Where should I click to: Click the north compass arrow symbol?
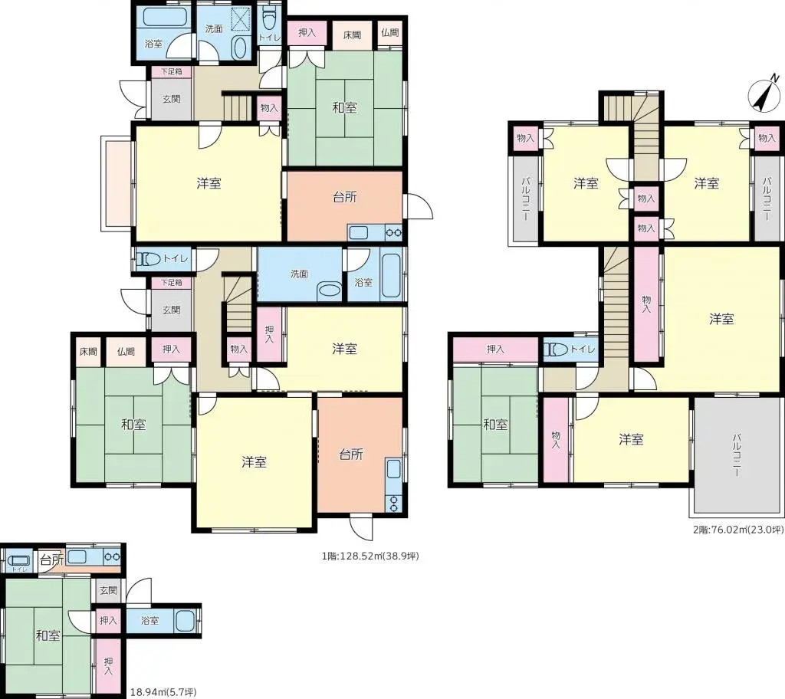[x=761, y=95]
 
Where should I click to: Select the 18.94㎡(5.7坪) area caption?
[x=162, y=692]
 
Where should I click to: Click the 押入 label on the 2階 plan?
[x=495, y=349]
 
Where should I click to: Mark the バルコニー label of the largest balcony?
[x=737, y=455]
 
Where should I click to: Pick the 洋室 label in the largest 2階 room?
[x=721, y=318]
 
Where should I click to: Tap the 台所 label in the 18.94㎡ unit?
[x=51, y=560]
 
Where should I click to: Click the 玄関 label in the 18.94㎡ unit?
[x=108, y=590]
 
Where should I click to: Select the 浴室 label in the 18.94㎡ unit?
[x=149, y=620]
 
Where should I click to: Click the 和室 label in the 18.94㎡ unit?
[x=48, y=635]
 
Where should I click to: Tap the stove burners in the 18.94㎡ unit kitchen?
[x=112, y=557]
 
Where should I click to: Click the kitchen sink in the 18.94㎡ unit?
[x=77, y=557]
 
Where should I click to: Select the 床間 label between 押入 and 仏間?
[x=352, y=35]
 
